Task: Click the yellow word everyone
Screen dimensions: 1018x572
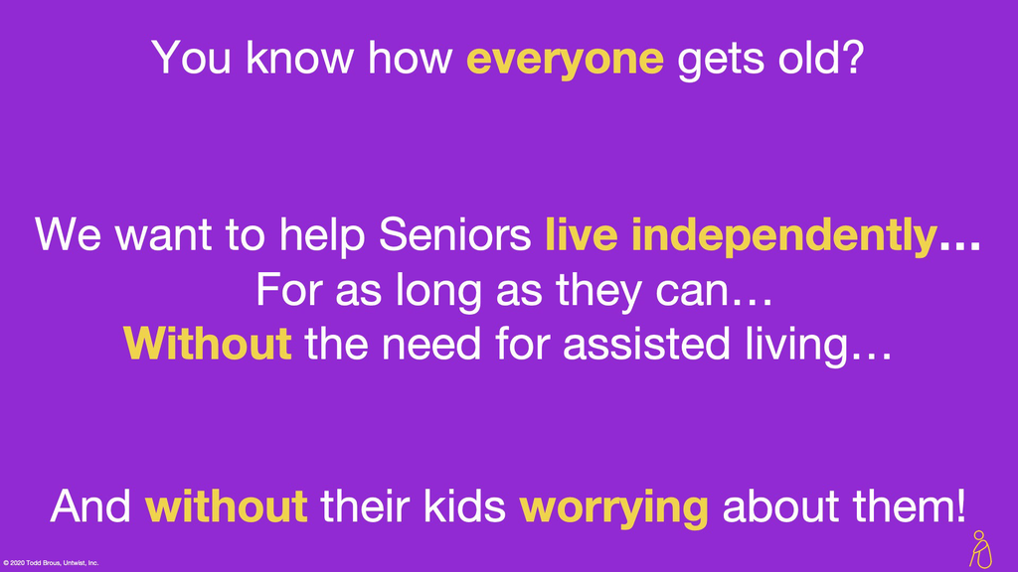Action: [x=565, y=60]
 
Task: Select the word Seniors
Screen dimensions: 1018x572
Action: [x=455, y=233]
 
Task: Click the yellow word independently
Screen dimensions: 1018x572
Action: [x=784, y=236]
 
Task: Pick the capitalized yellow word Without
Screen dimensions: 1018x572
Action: [x=207, y=343]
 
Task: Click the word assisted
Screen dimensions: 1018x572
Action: [x=646, y=343]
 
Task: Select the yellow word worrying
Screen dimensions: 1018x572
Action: [x=613, y=508]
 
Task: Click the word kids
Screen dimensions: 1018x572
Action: [x=464, y=505]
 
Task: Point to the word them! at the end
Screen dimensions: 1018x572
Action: [x=909, y=505]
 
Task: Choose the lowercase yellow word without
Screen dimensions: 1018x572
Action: [x=226, y=505]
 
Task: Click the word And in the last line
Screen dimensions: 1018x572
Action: [x=90, y=505]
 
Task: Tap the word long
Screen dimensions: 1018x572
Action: [x=438, y=292]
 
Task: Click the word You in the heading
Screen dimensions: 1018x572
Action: [x=192, y=57]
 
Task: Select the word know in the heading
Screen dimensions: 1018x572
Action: [x=299, y=57]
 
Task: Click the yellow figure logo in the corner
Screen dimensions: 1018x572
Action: [x=980, y=549]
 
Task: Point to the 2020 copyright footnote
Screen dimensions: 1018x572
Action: [x=51, y=563]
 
